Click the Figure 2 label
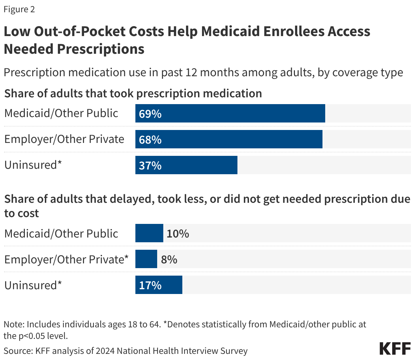pos(19,9)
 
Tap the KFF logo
pos(395,349)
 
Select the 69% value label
pos(150,114)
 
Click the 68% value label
pos(150,140)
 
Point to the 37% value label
pos(150,165)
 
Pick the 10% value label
pos(178,233)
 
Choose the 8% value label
pos(169,259)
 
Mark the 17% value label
pos(150,285)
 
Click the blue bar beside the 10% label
pos(149,233)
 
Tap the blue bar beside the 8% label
pos(146,259)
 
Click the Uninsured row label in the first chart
pos(33,165)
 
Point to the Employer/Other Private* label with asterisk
pos(66,259)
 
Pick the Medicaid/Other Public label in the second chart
pos(61,233)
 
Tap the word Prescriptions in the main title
pos(101,49)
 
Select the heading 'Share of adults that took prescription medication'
pos(133,93)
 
